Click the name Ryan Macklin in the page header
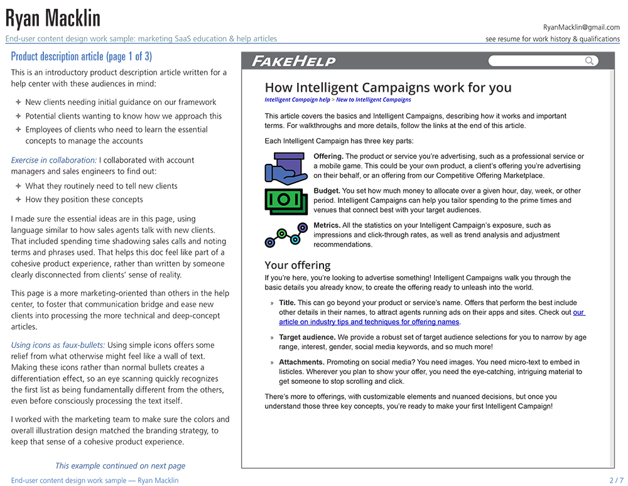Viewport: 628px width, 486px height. pyautogui.click(x=53, y=18)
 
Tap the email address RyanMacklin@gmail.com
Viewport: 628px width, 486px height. pyautogui.click(x=582, y=27)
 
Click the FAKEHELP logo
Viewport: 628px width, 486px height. pyautogui.click(x=293, y=61)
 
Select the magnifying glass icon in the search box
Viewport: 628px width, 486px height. pyautogui.click(x=589, y=61)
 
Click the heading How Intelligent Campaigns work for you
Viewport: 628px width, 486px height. pyautogui.click(x=388, y=88)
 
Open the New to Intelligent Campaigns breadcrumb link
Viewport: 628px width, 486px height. pyautogui.click(x=374, y=100)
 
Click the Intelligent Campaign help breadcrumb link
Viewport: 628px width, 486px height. pyautogui.click(x=297, y=100)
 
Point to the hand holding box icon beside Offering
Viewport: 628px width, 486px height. pyautogui.click(x=286, y=168)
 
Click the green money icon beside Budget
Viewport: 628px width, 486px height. pyautogui.click(x=286, y=201)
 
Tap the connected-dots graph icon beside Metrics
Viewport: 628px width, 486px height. pyautogui.click(x=286, y=234)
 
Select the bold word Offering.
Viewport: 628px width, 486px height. pyautogui.click(x=328, y=156)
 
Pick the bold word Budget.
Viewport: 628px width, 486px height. pyautogui.click(x=327, y=191)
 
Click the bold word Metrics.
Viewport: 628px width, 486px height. pyautogui.click(x=327, y=225)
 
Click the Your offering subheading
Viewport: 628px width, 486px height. pyautogui.click(x=297, y=265)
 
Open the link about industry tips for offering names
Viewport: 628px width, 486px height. pyautogui.click(x=369, y=322)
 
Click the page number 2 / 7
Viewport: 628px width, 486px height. pyautogui.click(x=617, y=480)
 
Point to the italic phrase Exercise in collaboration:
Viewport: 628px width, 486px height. pyautogui.click(x=54, y=160)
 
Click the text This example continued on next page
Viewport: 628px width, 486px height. pyautogui.click(x=120, y=466)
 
